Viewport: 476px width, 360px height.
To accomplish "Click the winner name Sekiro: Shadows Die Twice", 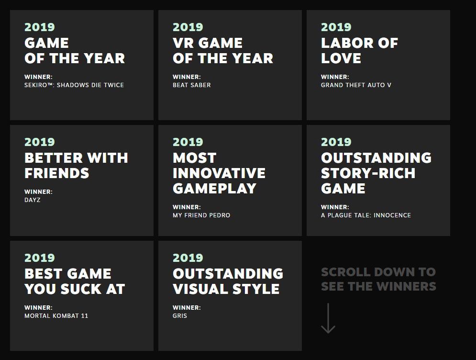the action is point(74,85).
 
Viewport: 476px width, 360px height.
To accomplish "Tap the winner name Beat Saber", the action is point(191,85).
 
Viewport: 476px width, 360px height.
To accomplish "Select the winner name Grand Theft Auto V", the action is point(356,85).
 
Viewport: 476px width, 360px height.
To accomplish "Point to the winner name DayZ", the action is point(32,200).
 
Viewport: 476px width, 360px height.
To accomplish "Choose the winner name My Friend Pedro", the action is point(201,215).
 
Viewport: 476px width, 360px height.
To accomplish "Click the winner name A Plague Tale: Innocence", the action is point(366,215).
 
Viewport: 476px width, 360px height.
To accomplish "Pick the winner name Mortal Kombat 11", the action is point(56,315).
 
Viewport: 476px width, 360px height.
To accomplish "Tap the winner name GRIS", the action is point(180,315).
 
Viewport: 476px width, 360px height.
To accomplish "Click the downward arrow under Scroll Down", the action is point(328,318).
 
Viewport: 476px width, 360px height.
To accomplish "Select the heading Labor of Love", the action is point(359,51).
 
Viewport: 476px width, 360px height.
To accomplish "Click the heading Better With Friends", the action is point(76,166).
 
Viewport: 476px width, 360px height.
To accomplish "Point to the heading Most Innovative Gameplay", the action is point(219,173).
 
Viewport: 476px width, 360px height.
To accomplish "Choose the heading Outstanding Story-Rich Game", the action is point(376,173).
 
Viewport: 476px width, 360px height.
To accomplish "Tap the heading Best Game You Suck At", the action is point(75,281).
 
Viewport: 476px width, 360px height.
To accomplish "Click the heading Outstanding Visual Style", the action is point(228,281).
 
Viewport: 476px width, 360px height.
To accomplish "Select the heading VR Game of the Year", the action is point(223,51).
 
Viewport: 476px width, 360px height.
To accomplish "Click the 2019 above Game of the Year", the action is point(39,27).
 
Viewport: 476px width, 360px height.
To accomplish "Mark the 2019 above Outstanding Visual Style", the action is point(188,258).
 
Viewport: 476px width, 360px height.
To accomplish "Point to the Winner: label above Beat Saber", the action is point(187,77).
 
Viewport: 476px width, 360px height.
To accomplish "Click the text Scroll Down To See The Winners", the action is point(378,279).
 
